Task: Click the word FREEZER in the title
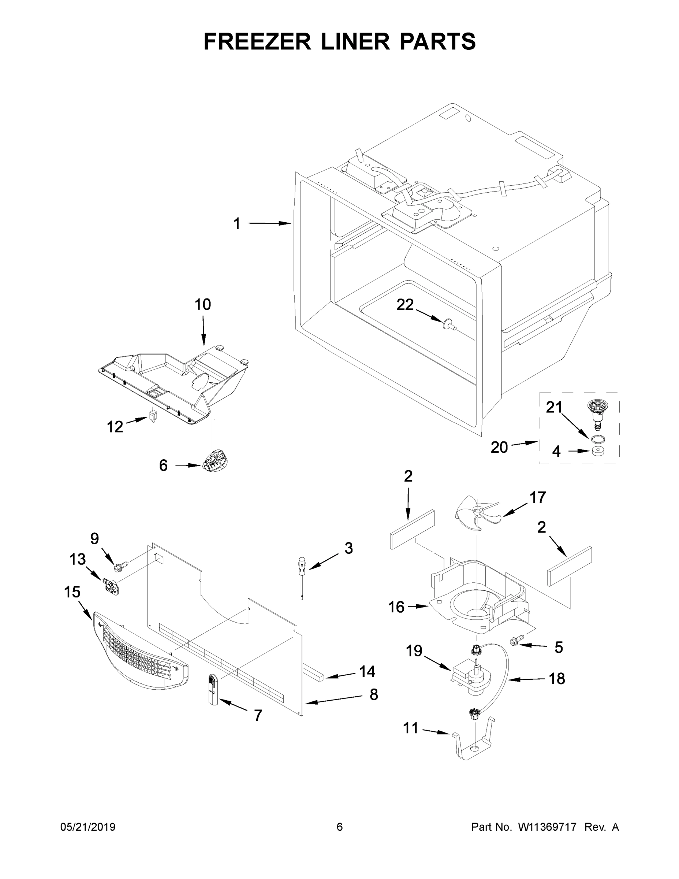tap(257, 41)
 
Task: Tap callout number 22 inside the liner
tap(405, 305)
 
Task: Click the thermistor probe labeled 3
tap(301, 571)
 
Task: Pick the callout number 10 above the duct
tap(203, 305)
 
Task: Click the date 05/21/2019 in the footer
tap(88, 827)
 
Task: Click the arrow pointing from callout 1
tap(269, 223)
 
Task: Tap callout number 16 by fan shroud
tap(396, 607)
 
